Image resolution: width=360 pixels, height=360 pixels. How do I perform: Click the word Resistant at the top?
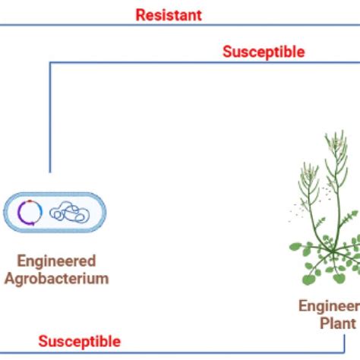169,15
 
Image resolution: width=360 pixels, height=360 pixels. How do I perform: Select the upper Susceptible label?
264,52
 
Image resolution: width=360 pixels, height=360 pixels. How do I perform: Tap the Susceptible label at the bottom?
80,341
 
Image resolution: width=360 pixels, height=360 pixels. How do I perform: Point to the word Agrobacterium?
56,278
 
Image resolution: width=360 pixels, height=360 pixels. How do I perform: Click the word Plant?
338,323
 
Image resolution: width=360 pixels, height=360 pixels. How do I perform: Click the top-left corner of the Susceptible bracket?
50,62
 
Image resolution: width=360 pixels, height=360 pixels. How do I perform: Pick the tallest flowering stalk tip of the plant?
335,134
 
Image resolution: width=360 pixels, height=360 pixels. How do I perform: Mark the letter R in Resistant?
140,15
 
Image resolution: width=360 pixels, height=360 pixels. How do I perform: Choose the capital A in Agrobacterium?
8,278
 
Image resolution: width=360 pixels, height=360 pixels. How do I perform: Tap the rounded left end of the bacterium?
8,212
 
